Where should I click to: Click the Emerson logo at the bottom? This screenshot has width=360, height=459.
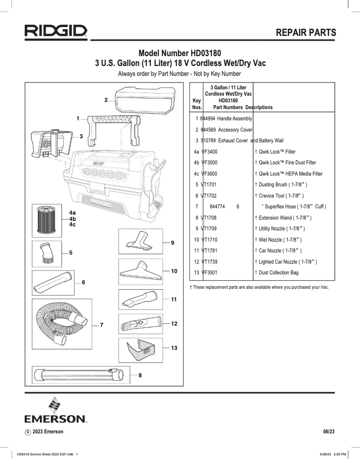pyautogui.click(x=55, y=410)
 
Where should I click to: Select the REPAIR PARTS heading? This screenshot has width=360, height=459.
pyautogui.click(x=305, y=33)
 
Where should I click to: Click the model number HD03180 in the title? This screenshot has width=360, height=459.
pyautogui.click(x=201, y=53)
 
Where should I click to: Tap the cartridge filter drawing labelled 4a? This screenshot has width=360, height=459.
pyautogui.click(x=47, y=220)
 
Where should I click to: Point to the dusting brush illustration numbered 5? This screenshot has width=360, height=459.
pyautogui.click(x=47, y=254)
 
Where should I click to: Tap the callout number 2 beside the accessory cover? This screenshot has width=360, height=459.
pyautogui.click(x=106, y=100)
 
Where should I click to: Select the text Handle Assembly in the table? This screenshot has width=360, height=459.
pyautogui.click(x=235, y=119)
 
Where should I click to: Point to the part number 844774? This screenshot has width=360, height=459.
pyautogui.click(x=217, y=207)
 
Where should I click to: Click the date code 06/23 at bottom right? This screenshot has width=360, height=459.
pyautogui.click(x=329, y=432)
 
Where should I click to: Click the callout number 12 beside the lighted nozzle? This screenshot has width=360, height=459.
pyautogui.click(x=174, y=323)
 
